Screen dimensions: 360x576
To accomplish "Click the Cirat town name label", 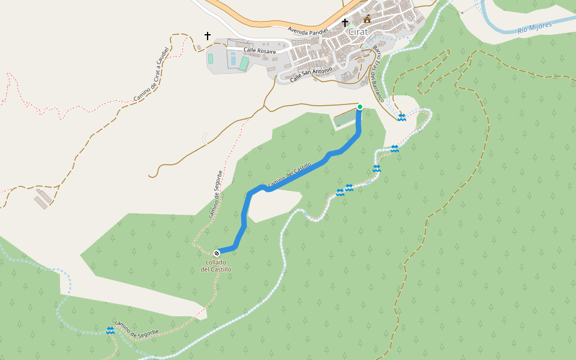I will tap(358, 32).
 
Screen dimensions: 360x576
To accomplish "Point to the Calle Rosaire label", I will tap(260, 52).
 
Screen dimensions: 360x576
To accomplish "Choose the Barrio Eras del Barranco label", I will tap(378, 74).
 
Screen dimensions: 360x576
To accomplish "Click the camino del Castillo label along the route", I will tap(289, 175).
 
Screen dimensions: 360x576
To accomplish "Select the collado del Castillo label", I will tap(216, 266).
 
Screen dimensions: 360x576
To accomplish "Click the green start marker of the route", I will tap(360, 107).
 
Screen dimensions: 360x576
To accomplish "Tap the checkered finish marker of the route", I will tap(217, 253).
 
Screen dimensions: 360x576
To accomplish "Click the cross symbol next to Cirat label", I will tap(345, 23).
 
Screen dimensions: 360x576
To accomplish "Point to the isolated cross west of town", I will tap(208, 36).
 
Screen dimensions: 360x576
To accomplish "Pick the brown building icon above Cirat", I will tap(367, 19).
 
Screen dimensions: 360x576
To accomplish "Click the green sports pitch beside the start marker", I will tap(344, 118).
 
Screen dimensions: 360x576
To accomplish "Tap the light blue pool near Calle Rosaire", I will tap(233, 59).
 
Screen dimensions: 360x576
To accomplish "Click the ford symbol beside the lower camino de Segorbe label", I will tap(110, 330).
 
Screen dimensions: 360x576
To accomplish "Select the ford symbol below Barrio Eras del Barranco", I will tap(401, 118).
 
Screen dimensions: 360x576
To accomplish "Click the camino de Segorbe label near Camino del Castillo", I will tap(217, 194).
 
